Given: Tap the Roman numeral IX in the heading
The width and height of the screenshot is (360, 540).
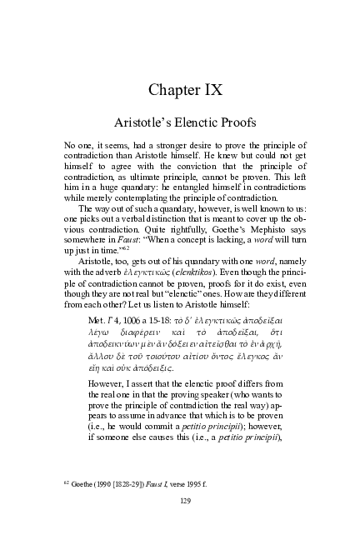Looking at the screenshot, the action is [216, 89].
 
